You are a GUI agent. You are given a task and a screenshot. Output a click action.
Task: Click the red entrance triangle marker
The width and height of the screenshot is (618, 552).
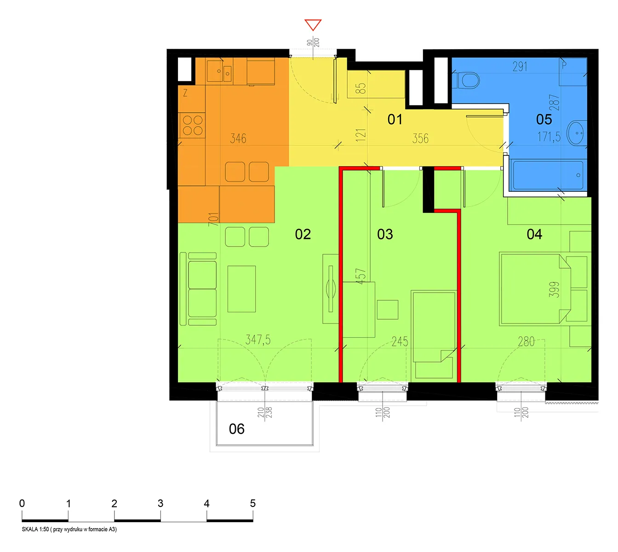[313, 24]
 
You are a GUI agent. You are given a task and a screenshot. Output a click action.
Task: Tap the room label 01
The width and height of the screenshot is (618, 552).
[395, 119]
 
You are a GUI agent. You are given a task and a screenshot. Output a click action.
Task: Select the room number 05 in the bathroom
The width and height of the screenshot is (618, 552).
[544, 119]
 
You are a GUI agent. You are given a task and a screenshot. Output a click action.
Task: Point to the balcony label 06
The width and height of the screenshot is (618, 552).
[236, 429]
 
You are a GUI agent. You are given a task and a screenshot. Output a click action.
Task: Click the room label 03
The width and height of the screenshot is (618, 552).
[385, 234]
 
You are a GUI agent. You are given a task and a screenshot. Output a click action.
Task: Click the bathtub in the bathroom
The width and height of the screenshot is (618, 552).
[548, 175]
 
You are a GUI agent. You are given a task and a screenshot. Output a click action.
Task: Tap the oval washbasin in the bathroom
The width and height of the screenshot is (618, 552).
[576, 133]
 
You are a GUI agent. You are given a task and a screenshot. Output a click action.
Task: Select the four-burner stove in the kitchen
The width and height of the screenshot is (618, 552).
[192, 125]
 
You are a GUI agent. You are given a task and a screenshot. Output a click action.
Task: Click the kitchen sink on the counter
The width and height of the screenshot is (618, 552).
[219, 71]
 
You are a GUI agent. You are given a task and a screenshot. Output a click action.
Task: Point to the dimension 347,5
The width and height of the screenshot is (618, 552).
[258, 339]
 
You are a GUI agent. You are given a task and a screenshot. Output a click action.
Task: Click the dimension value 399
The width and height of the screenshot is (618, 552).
[554, 290]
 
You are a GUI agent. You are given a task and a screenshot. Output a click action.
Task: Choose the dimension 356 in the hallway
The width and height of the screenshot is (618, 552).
[420, 138]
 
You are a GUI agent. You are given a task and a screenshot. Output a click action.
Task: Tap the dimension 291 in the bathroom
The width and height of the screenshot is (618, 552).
[520, 67]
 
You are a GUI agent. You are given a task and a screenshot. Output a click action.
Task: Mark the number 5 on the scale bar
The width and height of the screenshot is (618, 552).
[252, 503]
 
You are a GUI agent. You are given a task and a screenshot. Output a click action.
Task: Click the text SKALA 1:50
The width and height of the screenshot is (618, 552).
[35, 529]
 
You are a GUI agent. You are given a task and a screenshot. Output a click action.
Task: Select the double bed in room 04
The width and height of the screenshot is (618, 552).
[535, 289]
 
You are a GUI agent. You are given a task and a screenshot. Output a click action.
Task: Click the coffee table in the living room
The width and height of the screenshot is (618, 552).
[241, 289]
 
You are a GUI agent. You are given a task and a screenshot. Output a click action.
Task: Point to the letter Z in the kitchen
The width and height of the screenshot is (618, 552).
[185, 93]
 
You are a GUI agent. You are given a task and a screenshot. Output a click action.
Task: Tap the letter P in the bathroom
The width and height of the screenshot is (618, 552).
[564, 65]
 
